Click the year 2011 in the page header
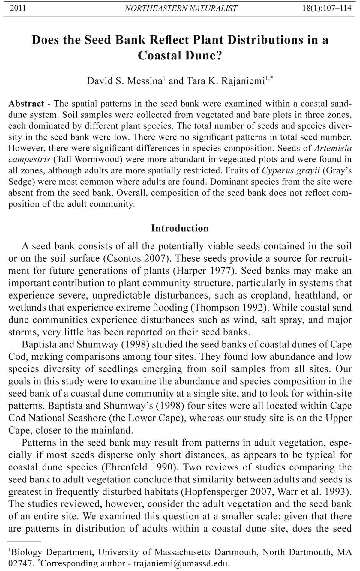click(x=18, y=8)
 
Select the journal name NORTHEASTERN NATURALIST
click(x=181, y=8)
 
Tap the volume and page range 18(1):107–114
click(x=327, y=8)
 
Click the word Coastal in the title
click(x=158, y=55)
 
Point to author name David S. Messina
click(x=124, y=81)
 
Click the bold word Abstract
click(x=26, y=104)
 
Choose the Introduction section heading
click(x=180, y=228)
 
